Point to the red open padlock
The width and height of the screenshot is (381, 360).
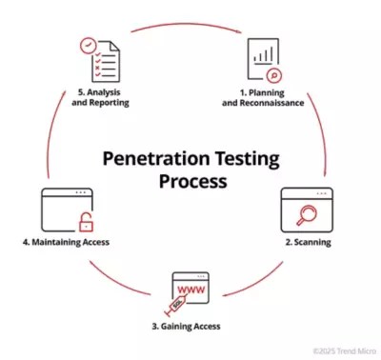pyautogui.click(x=87, y=224)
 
